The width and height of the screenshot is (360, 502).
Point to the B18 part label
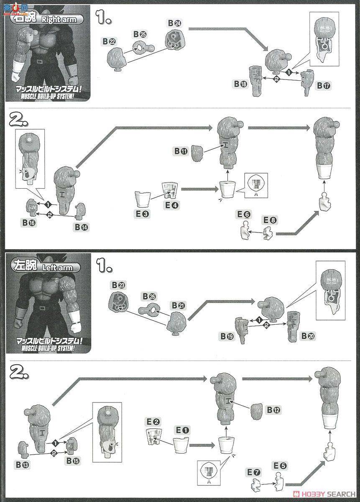(240, 85)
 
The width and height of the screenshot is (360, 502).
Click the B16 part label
(30, 223)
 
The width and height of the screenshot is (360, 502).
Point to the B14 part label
(82, 226)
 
